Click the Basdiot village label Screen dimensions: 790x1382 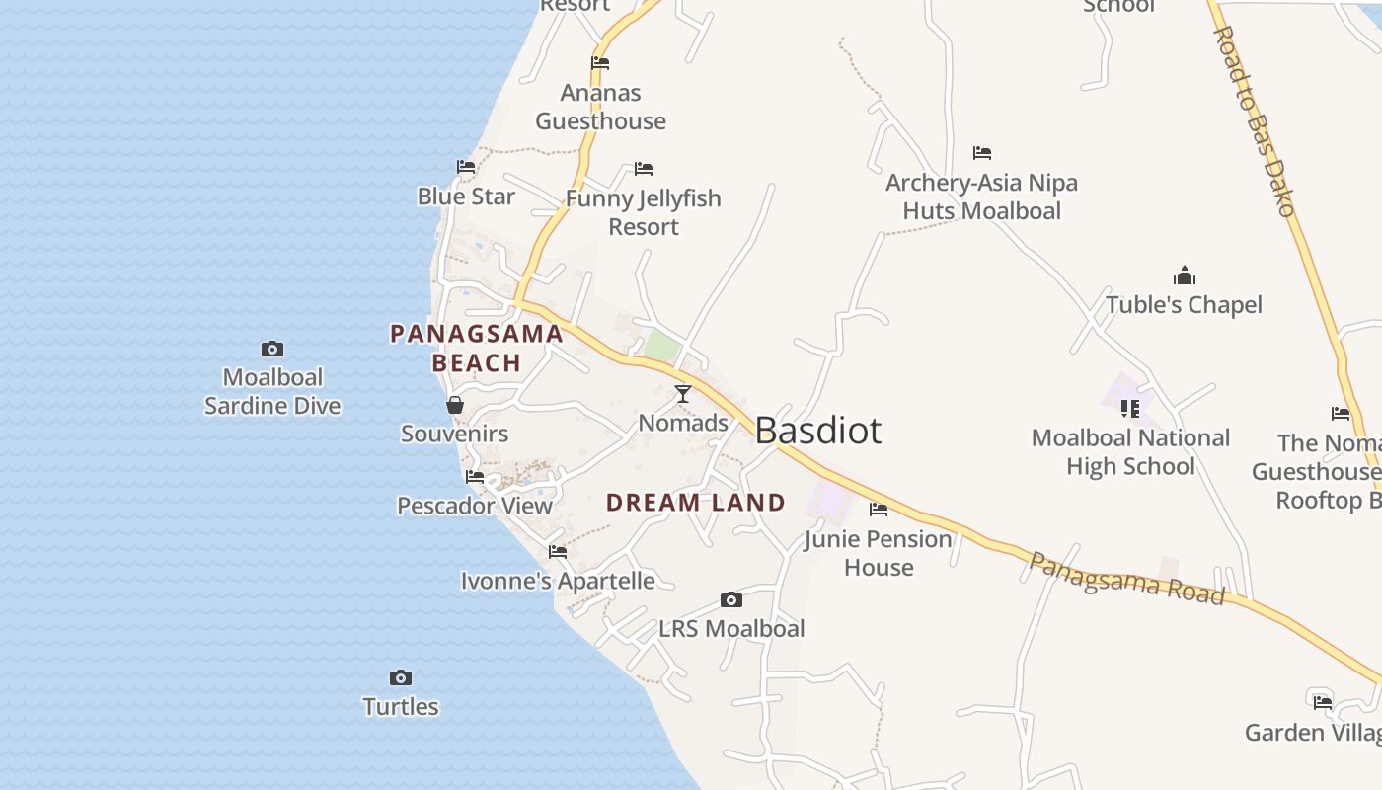(x=817, y=431)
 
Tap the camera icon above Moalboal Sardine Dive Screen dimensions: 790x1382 (x=272, y=349)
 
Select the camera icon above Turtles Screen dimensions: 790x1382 (x=400, y=677)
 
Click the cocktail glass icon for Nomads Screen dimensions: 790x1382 (x=682, y=394)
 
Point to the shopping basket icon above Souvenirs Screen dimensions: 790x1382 (x=455, y=405)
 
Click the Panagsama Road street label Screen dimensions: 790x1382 (x=1125, y=579)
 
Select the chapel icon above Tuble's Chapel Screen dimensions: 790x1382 (x=1184, y=276)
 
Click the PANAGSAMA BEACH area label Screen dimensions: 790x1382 (x=477, y=348)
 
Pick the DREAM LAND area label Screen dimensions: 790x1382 (x=696, y=502)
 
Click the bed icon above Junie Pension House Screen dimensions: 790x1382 (x=878, y=510)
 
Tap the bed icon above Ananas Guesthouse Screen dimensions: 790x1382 (x=600, y=63)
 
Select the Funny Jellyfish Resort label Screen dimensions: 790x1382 (x=643, y=212)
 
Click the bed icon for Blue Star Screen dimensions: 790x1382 (x=466, y=167)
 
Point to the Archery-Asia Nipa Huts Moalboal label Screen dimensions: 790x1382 (x=981, y=196)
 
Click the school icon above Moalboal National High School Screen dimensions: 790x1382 (x=1130, y=408)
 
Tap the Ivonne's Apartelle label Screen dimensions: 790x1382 (x=558, y=581)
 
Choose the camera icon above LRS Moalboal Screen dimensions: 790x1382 (x=730, y=599)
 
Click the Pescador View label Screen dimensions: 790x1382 (x=475, y=506)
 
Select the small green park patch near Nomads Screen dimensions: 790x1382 (x=661, y=346)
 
